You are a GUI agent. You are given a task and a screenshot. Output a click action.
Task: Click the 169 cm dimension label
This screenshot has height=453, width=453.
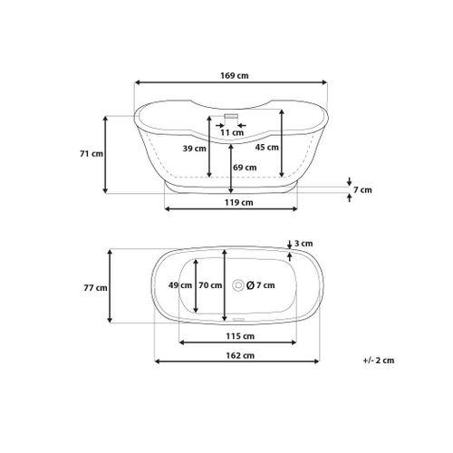pos(235,75)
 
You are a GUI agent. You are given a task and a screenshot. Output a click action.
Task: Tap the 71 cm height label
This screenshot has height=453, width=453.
pos(92,154)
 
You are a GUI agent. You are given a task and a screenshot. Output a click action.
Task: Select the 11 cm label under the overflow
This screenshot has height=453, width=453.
pos(232,132)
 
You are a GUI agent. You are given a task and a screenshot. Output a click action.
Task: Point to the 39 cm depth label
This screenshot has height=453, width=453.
pos(194,149)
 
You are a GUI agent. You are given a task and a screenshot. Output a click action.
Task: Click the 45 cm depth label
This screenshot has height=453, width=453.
pos(266,148)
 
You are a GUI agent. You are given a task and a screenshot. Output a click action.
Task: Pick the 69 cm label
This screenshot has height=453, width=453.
pos(245,168)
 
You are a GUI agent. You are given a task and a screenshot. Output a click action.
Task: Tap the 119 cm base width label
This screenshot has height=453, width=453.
pos(239,202)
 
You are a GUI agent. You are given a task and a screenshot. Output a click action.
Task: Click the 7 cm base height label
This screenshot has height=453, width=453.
pos(362,190)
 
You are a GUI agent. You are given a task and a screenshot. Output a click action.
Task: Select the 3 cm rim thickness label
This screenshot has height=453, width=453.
pos(304,244)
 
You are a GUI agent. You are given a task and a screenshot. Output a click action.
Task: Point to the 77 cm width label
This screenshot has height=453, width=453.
pos(95,288)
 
